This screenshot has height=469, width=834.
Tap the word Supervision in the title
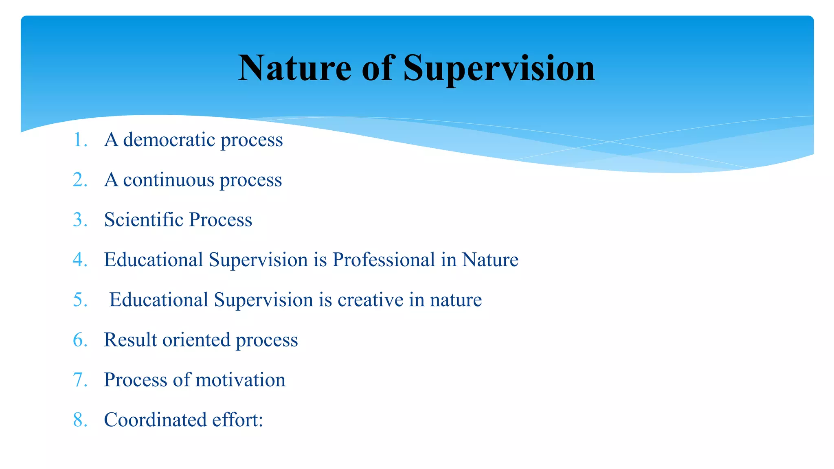499,68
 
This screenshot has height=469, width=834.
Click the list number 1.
80,140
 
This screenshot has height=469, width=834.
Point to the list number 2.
80,180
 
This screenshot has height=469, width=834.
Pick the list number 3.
80,219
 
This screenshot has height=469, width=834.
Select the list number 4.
80,259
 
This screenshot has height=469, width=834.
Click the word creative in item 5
370,300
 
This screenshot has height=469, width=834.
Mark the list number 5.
80,300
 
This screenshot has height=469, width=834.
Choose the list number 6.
80,340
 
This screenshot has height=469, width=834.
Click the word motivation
240,379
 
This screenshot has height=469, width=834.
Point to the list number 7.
80,379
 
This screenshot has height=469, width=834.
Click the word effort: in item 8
237,419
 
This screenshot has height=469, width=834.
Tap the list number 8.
80,419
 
